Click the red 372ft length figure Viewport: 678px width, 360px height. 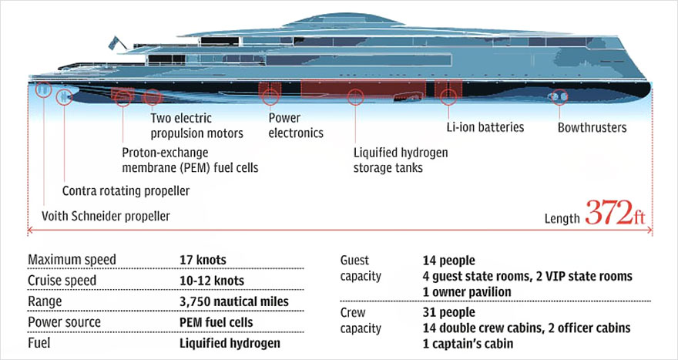(x=615, y=213)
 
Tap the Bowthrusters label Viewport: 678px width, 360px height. (x=592, y=128)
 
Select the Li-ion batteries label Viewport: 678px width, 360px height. (x=485, y=127)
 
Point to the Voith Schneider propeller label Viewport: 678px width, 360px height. (x=106, y=216)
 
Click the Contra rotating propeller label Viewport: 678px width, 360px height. (x=126, y=191)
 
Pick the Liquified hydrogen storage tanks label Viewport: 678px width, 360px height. (x=401, y=160)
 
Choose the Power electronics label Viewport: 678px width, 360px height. (x=296, y=126)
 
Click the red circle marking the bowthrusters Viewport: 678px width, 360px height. (x=559, y=97)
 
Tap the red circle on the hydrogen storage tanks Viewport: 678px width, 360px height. (x=355, y=97)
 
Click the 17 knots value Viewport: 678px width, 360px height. (x=203, y=260)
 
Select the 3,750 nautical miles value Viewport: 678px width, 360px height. (x=234, y=301)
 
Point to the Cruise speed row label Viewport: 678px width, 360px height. (x=62, y=281)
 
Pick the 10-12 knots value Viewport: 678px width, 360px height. (x=212, y=281)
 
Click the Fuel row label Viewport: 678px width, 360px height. (x=39, y=343)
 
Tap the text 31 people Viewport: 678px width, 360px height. (x=449, y=312)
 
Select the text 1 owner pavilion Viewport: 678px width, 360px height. (x=467, y=292)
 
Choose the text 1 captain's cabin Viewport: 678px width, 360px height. (x=468, y=344)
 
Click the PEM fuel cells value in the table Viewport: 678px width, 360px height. (x=216, y=322)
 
